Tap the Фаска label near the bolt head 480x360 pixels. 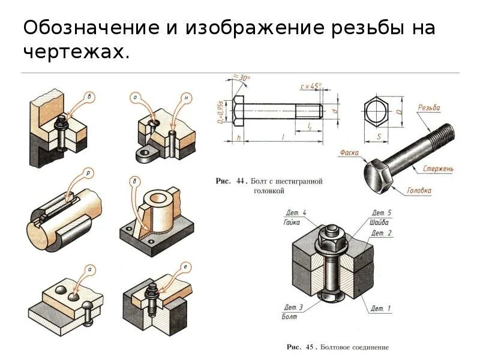coord(349,153)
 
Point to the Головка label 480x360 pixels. coord(419,191)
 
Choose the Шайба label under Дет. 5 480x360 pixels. coord(380,221)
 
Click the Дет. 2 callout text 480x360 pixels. coord(382,233)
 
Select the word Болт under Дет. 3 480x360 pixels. coord(289,316)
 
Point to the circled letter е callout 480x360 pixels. coord(187,266)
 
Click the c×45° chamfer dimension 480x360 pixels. coord(310,87)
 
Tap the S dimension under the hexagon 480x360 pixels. coord(379,136)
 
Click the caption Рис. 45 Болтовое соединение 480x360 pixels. coord(338,347)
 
